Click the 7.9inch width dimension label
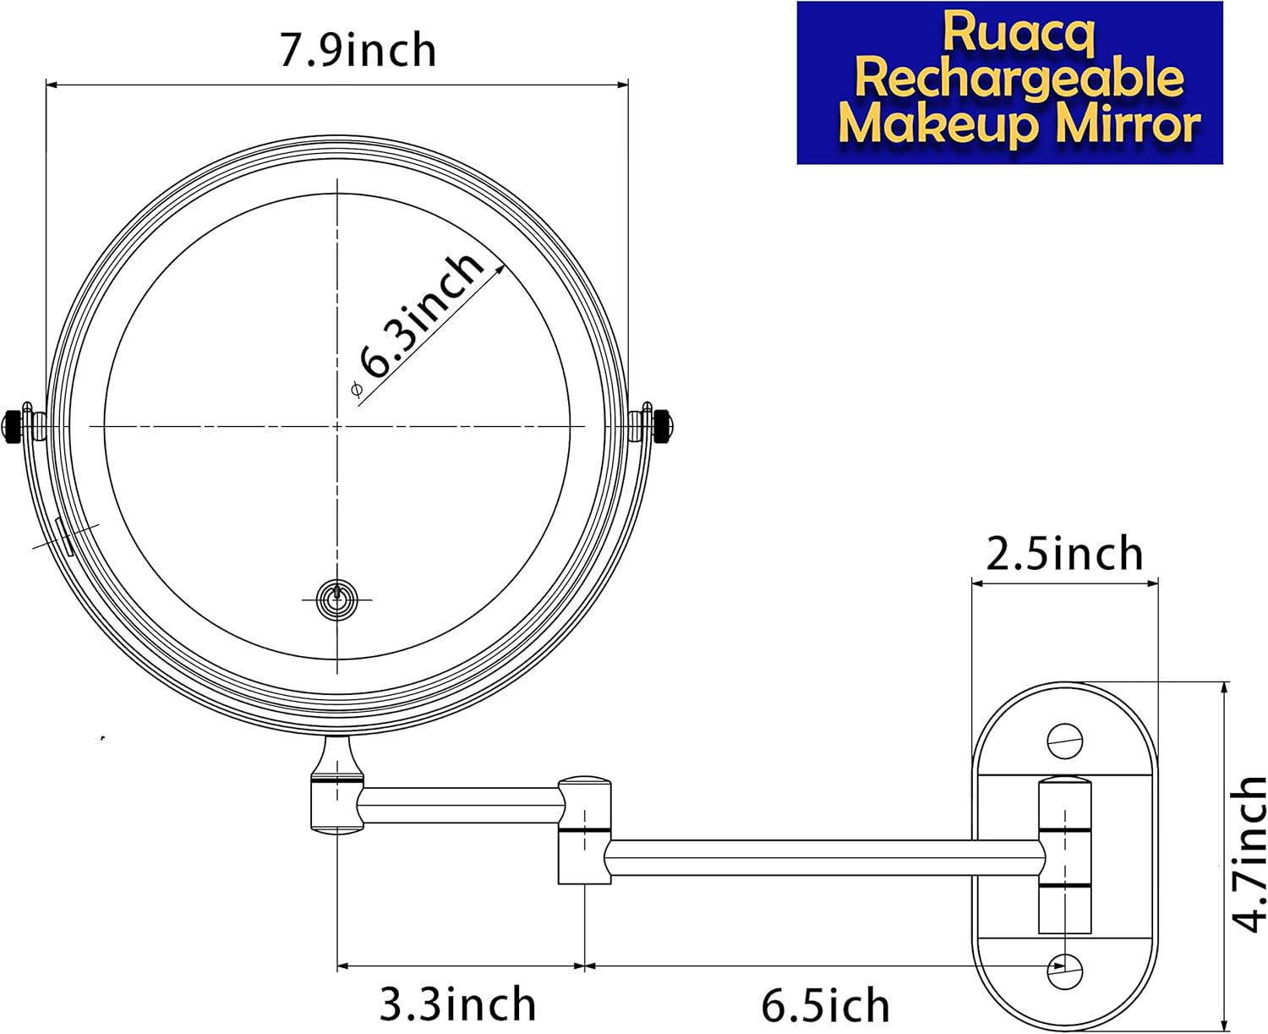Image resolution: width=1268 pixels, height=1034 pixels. coord(358,50)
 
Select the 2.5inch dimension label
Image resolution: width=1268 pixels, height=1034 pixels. coord(1064,554)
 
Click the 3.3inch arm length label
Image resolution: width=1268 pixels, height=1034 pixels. coord(457,1004)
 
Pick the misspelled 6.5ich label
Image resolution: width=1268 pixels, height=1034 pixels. coord(825,1005)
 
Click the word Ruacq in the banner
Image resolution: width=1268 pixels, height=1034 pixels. coord(1018,33)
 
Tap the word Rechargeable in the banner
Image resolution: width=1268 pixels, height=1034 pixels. coord(1019,79)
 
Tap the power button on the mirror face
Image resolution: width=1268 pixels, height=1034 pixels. coord(336,599)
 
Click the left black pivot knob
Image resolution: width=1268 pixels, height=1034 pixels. coord(14,424)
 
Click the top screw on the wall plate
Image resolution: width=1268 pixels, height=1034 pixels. coord(1064,741)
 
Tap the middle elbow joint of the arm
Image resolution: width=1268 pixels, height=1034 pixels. coord(584,829)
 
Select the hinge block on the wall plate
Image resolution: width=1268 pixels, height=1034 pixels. coord(1064,856)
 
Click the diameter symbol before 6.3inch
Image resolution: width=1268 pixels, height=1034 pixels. coord(356,389)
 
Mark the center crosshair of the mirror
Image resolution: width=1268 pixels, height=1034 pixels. coord(337,425)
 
